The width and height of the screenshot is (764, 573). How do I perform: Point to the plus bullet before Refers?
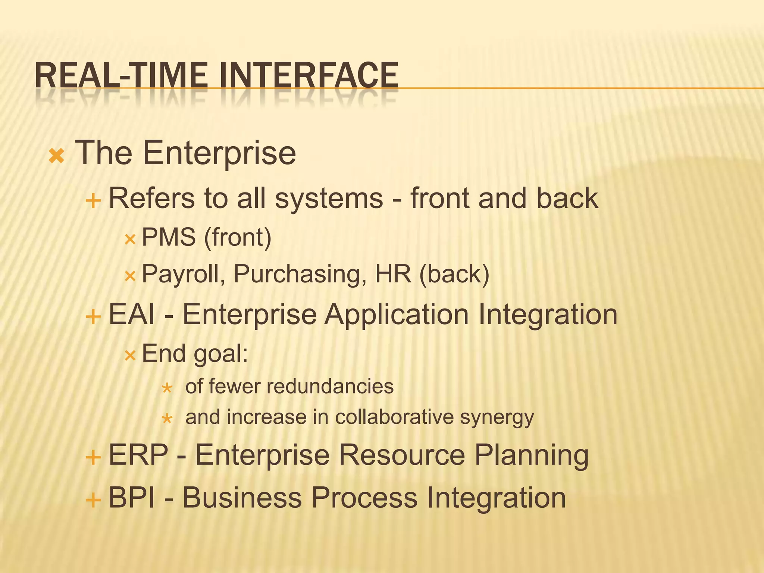(93, 201)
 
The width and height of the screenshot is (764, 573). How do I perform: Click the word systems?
(329, 198)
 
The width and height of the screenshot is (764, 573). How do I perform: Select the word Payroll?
(183, 275)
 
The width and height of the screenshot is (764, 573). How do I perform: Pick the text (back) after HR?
(454, 275)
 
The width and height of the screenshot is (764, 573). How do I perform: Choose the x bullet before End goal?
(130, 356)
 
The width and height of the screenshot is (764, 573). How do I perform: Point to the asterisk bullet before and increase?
(167, 419)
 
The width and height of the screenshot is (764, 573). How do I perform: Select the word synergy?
(497, 417)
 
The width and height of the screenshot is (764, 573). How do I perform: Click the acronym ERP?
(138, 455)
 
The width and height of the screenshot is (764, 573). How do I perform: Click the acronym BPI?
(131, 498)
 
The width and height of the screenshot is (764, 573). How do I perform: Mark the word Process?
(364, 498)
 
